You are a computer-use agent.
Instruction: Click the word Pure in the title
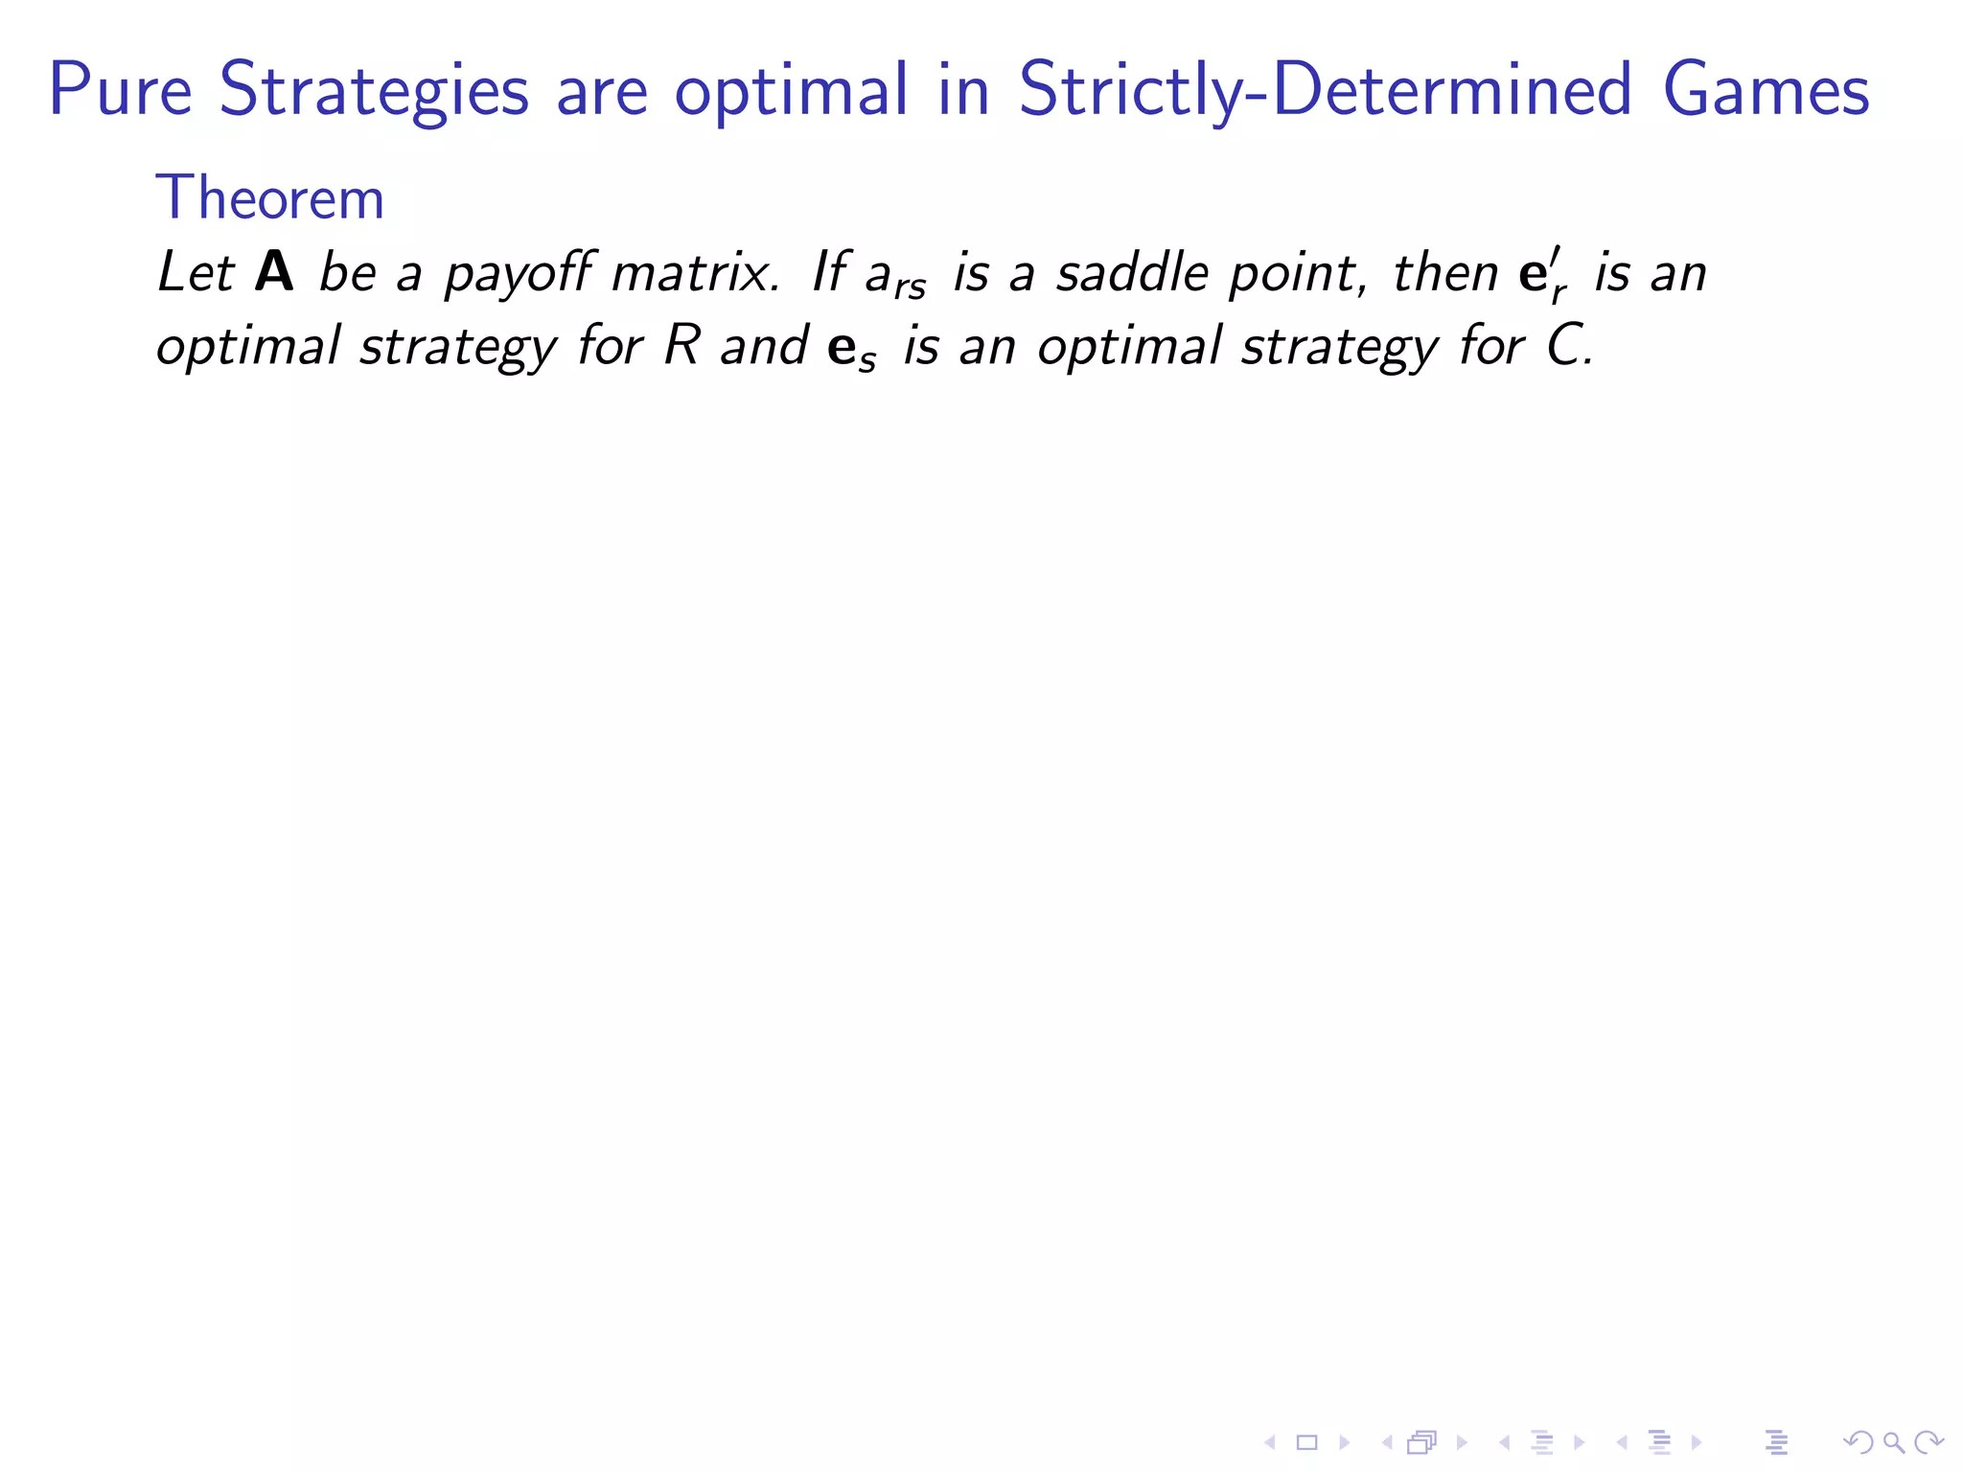coord(121,89)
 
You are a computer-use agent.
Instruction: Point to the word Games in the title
coord(1766,89)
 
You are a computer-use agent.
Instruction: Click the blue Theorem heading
coord(269,198)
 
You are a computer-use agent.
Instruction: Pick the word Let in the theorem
coord(196,272)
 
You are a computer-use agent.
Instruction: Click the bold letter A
coord(274,272)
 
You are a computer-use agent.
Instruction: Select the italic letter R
coord(682,345)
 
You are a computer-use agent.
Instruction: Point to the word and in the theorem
coord(764,345)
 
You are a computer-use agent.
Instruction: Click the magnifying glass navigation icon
coord(1893,1441)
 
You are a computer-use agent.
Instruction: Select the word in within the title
coord(964,89)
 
